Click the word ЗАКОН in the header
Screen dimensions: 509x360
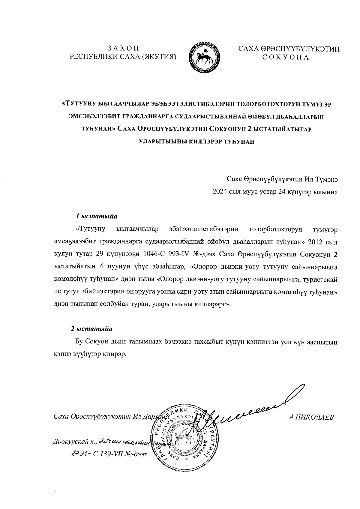click(x=123, y=48)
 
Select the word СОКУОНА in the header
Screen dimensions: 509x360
click(x=285, y=57)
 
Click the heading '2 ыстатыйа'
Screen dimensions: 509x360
click(x=91, y=329)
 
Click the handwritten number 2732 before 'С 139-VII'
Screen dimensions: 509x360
click(x=78, y=454)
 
